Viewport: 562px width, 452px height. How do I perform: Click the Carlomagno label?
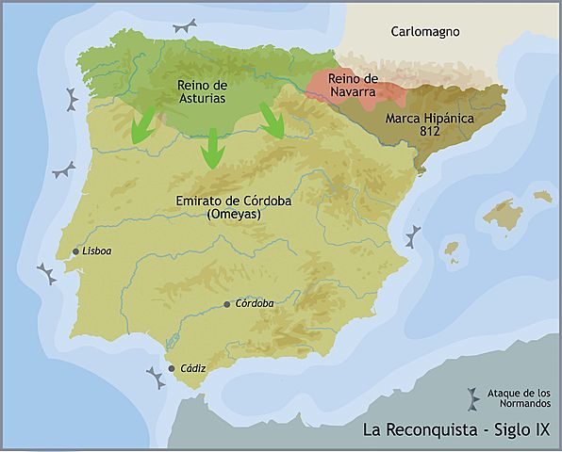click(424, 32)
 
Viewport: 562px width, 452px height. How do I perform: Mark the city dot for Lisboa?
click(75, 251)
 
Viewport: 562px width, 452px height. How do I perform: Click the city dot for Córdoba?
click(226, 304)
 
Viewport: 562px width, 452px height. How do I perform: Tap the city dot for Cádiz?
click(171, 368)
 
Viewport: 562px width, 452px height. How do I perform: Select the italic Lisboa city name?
click(97, 251)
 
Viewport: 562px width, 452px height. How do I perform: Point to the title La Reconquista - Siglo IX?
click(456, 430)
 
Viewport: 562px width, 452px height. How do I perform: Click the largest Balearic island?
click(501, 214)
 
